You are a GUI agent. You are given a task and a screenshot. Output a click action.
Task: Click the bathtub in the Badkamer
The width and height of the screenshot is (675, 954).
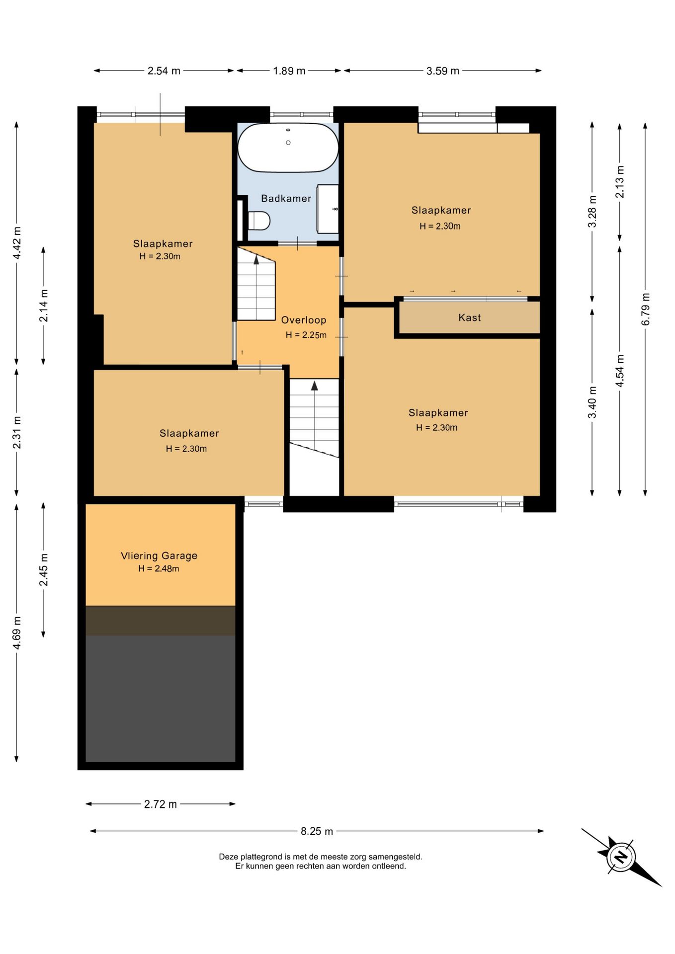[x=288, y=148]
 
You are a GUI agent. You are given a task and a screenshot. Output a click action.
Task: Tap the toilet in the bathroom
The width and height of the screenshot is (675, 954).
[x=258, y=221]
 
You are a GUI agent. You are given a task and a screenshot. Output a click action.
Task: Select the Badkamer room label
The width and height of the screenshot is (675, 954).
[x=286, y=198]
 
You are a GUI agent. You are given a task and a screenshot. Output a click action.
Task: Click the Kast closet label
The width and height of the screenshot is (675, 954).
[x=469, y=318]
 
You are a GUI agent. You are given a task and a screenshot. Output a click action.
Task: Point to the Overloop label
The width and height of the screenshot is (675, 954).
[x=304, y=320]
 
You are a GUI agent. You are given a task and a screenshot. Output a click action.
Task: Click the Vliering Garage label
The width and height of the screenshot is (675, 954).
[x=159, y=556]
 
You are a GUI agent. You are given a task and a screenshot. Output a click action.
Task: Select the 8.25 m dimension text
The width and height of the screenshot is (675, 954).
[x=317, y=831]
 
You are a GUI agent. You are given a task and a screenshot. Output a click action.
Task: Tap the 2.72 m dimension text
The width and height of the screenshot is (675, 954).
[x=160, y=804]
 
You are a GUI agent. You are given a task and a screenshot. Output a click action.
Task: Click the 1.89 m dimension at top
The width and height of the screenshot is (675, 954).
[x=289, y=71]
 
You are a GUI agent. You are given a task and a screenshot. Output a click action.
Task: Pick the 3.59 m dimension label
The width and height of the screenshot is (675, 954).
[x=442, y=71]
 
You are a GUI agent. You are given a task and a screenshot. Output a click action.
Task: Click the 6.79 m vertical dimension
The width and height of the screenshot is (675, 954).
[x=645, y=309]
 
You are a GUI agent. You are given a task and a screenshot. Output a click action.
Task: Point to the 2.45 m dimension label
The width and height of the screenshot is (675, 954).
[x=44, y=569]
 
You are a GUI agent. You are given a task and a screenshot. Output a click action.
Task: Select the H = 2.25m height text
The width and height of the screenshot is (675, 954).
[x=306, y=335]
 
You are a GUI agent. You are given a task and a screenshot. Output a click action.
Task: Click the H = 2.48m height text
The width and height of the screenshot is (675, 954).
[x=159, y=568]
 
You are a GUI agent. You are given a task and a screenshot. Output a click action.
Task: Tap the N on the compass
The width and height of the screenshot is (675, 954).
[x=620, y=857]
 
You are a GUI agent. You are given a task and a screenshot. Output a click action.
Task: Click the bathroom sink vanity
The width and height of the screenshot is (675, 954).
[x=328, y=209]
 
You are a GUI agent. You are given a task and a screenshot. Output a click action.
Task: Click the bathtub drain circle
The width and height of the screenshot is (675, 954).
[x=288, y=143]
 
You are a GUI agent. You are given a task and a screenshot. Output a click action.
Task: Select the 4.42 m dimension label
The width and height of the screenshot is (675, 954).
[x=16, y=242]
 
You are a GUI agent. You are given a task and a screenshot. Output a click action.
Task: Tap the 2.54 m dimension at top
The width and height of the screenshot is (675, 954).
[x=164, y=71]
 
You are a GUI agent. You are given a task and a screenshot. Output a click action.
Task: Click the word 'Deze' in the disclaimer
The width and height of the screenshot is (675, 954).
[x=229, y=857]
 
